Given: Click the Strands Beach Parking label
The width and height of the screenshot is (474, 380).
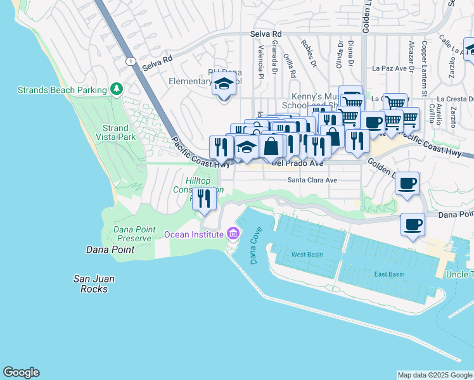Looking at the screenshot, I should [62, 90].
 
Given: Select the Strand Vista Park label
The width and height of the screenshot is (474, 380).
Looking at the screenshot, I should [118, 132].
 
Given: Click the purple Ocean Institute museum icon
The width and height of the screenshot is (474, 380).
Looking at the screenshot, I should [233, 234].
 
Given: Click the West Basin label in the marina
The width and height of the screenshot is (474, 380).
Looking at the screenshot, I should [307, 254].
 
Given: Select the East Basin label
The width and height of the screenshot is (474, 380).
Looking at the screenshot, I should [389, 274].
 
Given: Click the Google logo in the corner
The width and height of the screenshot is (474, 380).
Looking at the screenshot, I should [21, 372].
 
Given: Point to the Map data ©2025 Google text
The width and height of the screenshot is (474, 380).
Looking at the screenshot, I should [435, 375].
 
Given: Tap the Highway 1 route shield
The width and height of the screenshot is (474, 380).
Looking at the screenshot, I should [129, 61].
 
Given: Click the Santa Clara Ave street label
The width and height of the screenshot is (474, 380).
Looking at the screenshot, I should [312, 180].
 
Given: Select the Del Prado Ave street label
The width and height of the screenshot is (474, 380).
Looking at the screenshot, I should [298, 163].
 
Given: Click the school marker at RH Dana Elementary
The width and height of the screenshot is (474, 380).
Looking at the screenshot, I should [223, 84].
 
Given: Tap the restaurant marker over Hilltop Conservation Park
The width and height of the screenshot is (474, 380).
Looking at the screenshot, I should [205, 198].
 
